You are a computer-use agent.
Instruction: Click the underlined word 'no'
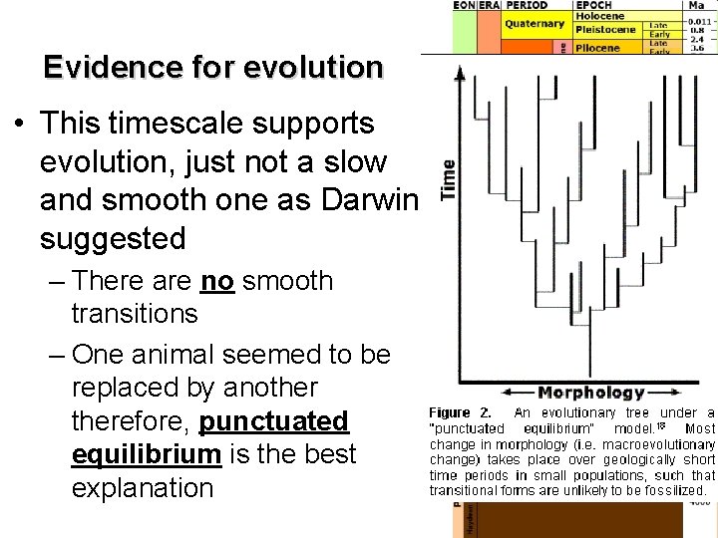(x=216, y=281)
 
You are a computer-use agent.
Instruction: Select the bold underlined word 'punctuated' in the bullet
(x=274, y=421)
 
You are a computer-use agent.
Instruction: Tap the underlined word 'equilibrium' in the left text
(x=146, y=455)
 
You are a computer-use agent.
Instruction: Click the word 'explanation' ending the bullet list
(x=143, y=488)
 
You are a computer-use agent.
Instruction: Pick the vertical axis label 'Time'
(x=448, y=180)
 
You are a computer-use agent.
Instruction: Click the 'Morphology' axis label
(x=591, y=393)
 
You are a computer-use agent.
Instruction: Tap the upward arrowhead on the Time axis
(x=460, y=75)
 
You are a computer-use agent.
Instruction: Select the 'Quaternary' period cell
(x=535, y=23)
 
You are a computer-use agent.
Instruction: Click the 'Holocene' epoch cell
(x=599, y=16)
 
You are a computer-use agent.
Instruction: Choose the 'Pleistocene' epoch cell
(x=604, y=30)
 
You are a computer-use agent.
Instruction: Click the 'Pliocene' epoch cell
(x=598, y=46)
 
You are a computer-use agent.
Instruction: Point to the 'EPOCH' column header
(x=597, y=5)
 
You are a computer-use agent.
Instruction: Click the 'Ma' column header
(x=695, y=5)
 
